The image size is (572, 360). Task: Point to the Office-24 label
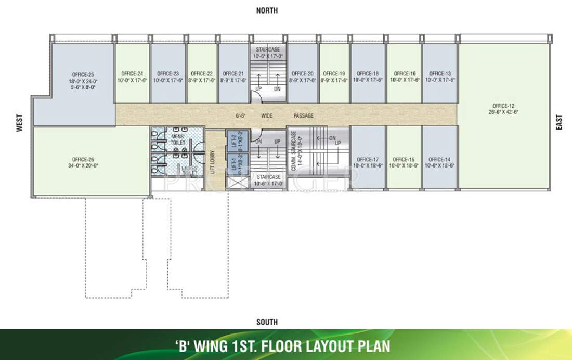[x=132, y=73]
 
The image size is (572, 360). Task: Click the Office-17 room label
[x=368, y=159]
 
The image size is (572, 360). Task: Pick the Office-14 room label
[x=440, y=159]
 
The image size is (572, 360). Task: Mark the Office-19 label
[x=334, y=73]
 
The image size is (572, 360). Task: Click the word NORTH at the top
[x=267, y=10]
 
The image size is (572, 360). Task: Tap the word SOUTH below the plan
[x=267, y=323]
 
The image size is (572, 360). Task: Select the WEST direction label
[x=20, y=126]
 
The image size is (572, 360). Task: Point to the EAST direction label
[x=560, y=122]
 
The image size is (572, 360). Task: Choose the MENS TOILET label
[x=178, y=139]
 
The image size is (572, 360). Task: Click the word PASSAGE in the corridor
[x=303, y=116]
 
